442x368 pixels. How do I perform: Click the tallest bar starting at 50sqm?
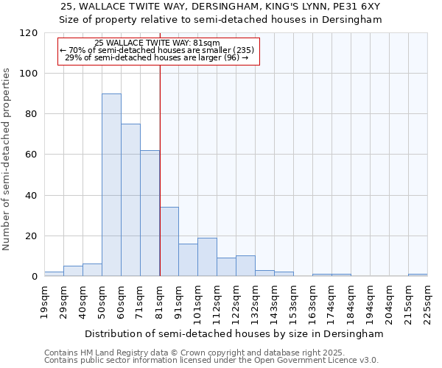tap(111, 185)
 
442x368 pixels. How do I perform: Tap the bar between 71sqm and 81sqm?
tap(150, 213)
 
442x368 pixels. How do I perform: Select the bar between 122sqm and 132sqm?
tap(245, 266)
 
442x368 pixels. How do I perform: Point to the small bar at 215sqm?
tap(418, 275)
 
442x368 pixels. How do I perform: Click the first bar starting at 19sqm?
tap(54, 274)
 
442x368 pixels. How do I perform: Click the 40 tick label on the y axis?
tap(31, 196)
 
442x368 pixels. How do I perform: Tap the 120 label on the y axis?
tap(29, 33)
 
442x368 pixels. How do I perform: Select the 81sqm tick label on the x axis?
tap(159, 302)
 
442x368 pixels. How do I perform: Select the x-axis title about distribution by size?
tap(234, 333)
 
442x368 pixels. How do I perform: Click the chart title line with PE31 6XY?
tap(220, 6)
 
